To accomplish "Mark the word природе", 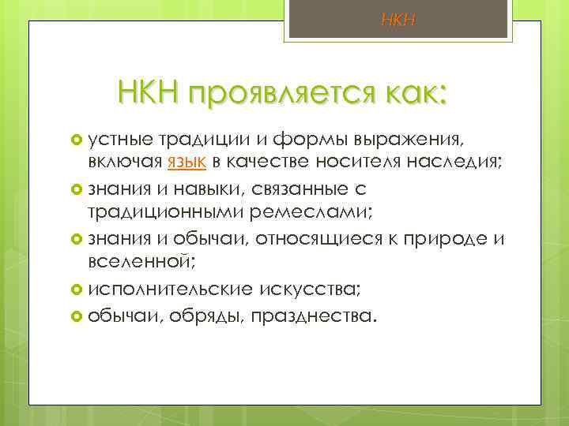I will (x=443, y=239).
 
